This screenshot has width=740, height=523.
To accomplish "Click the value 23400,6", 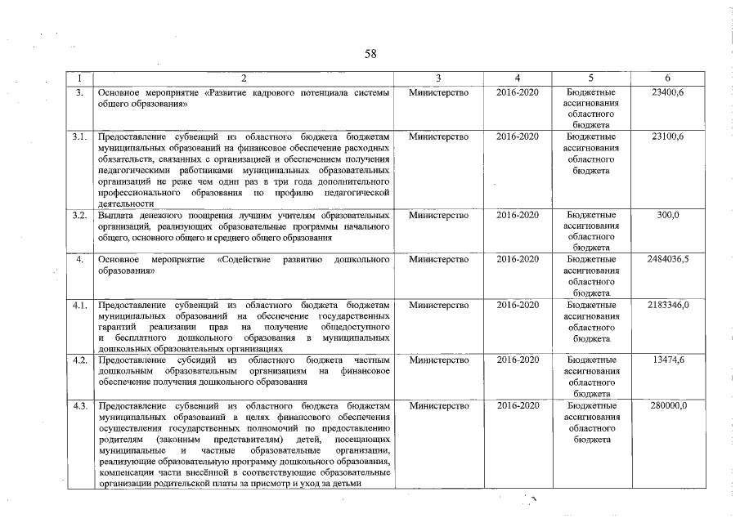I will tap(668, 94).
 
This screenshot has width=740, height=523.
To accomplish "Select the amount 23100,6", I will tap(668, 136).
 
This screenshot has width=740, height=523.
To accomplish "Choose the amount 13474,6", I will tap(668, 360).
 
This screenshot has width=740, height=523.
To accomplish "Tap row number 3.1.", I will tap(79, 136).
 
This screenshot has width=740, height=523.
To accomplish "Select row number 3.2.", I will tap(79, 215).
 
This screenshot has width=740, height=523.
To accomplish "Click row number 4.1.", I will tap(79, 305).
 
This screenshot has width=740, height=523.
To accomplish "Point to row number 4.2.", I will tap(79, 360).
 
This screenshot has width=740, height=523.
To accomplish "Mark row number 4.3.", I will tap(79, 405).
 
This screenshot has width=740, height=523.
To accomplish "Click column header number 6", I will tap(668, 78).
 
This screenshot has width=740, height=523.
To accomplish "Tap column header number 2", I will tap(244, 78).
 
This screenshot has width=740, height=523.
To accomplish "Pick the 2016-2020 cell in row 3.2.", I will tap(518, 215).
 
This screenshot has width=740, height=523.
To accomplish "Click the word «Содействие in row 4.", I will tap(243, 260).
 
